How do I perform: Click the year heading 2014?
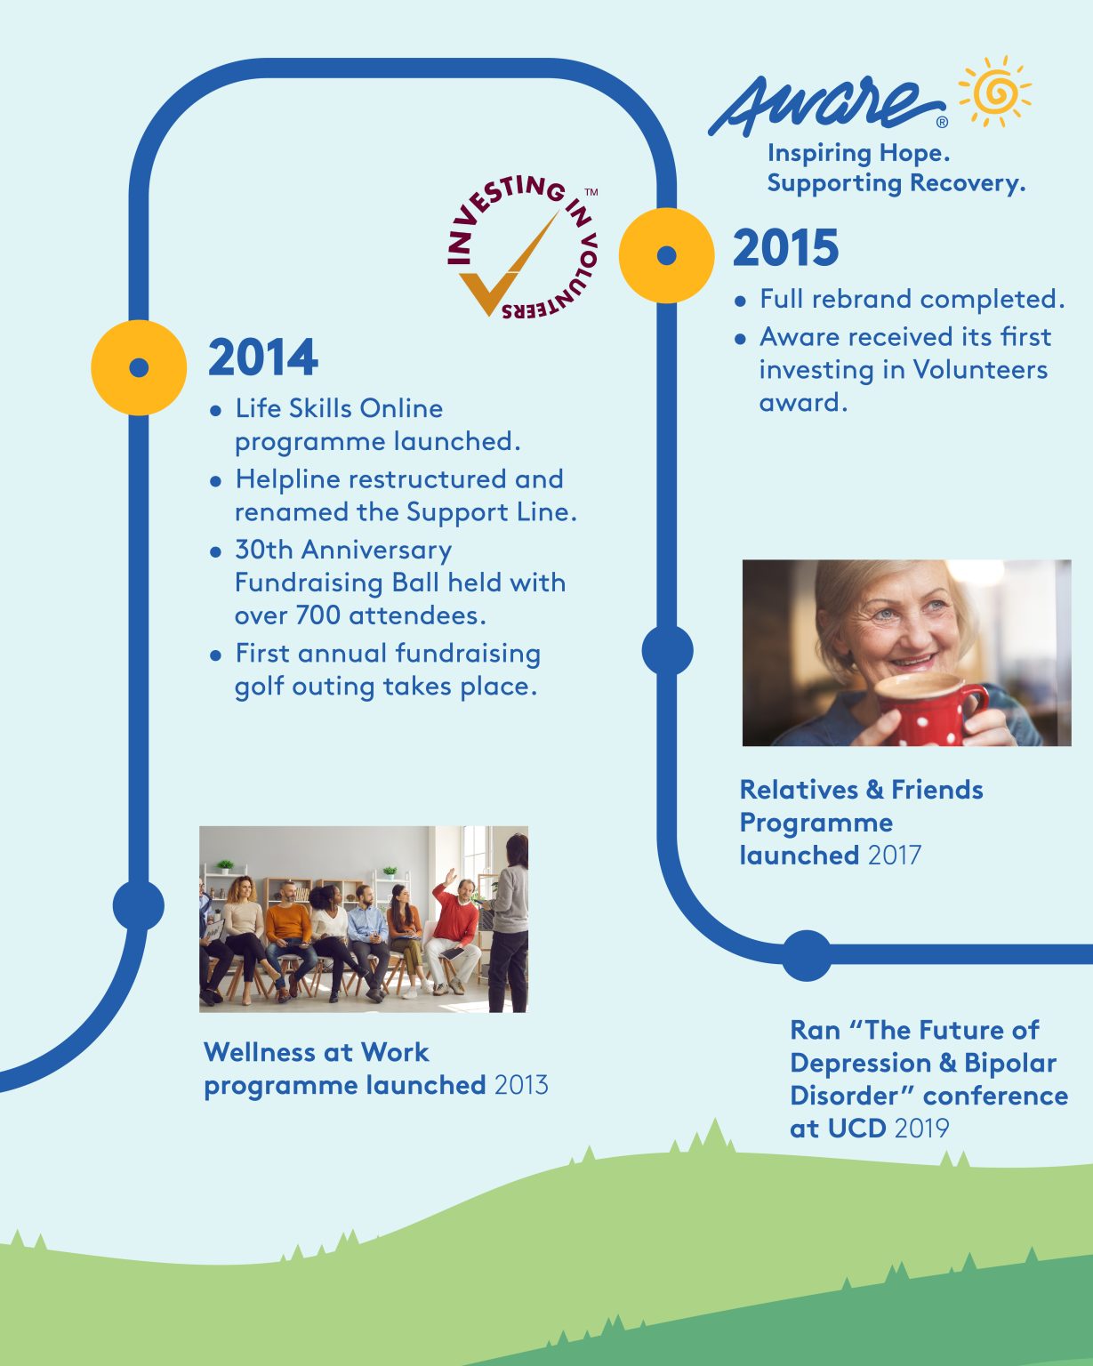pos(262,358)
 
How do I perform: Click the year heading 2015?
pos(785,248)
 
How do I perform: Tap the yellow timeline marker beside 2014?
pos(139,367)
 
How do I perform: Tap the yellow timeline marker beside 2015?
pos(666,255)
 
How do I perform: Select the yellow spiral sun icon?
pos(995,91)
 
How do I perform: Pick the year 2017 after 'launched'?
pos(895,856)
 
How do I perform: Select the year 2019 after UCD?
pos(922,1129)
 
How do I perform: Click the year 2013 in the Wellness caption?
pos(521,1086)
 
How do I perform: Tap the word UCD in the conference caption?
pos(856,1129)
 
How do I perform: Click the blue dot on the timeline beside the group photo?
pos(139,906)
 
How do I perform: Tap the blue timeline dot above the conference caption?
pos(807,956)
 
